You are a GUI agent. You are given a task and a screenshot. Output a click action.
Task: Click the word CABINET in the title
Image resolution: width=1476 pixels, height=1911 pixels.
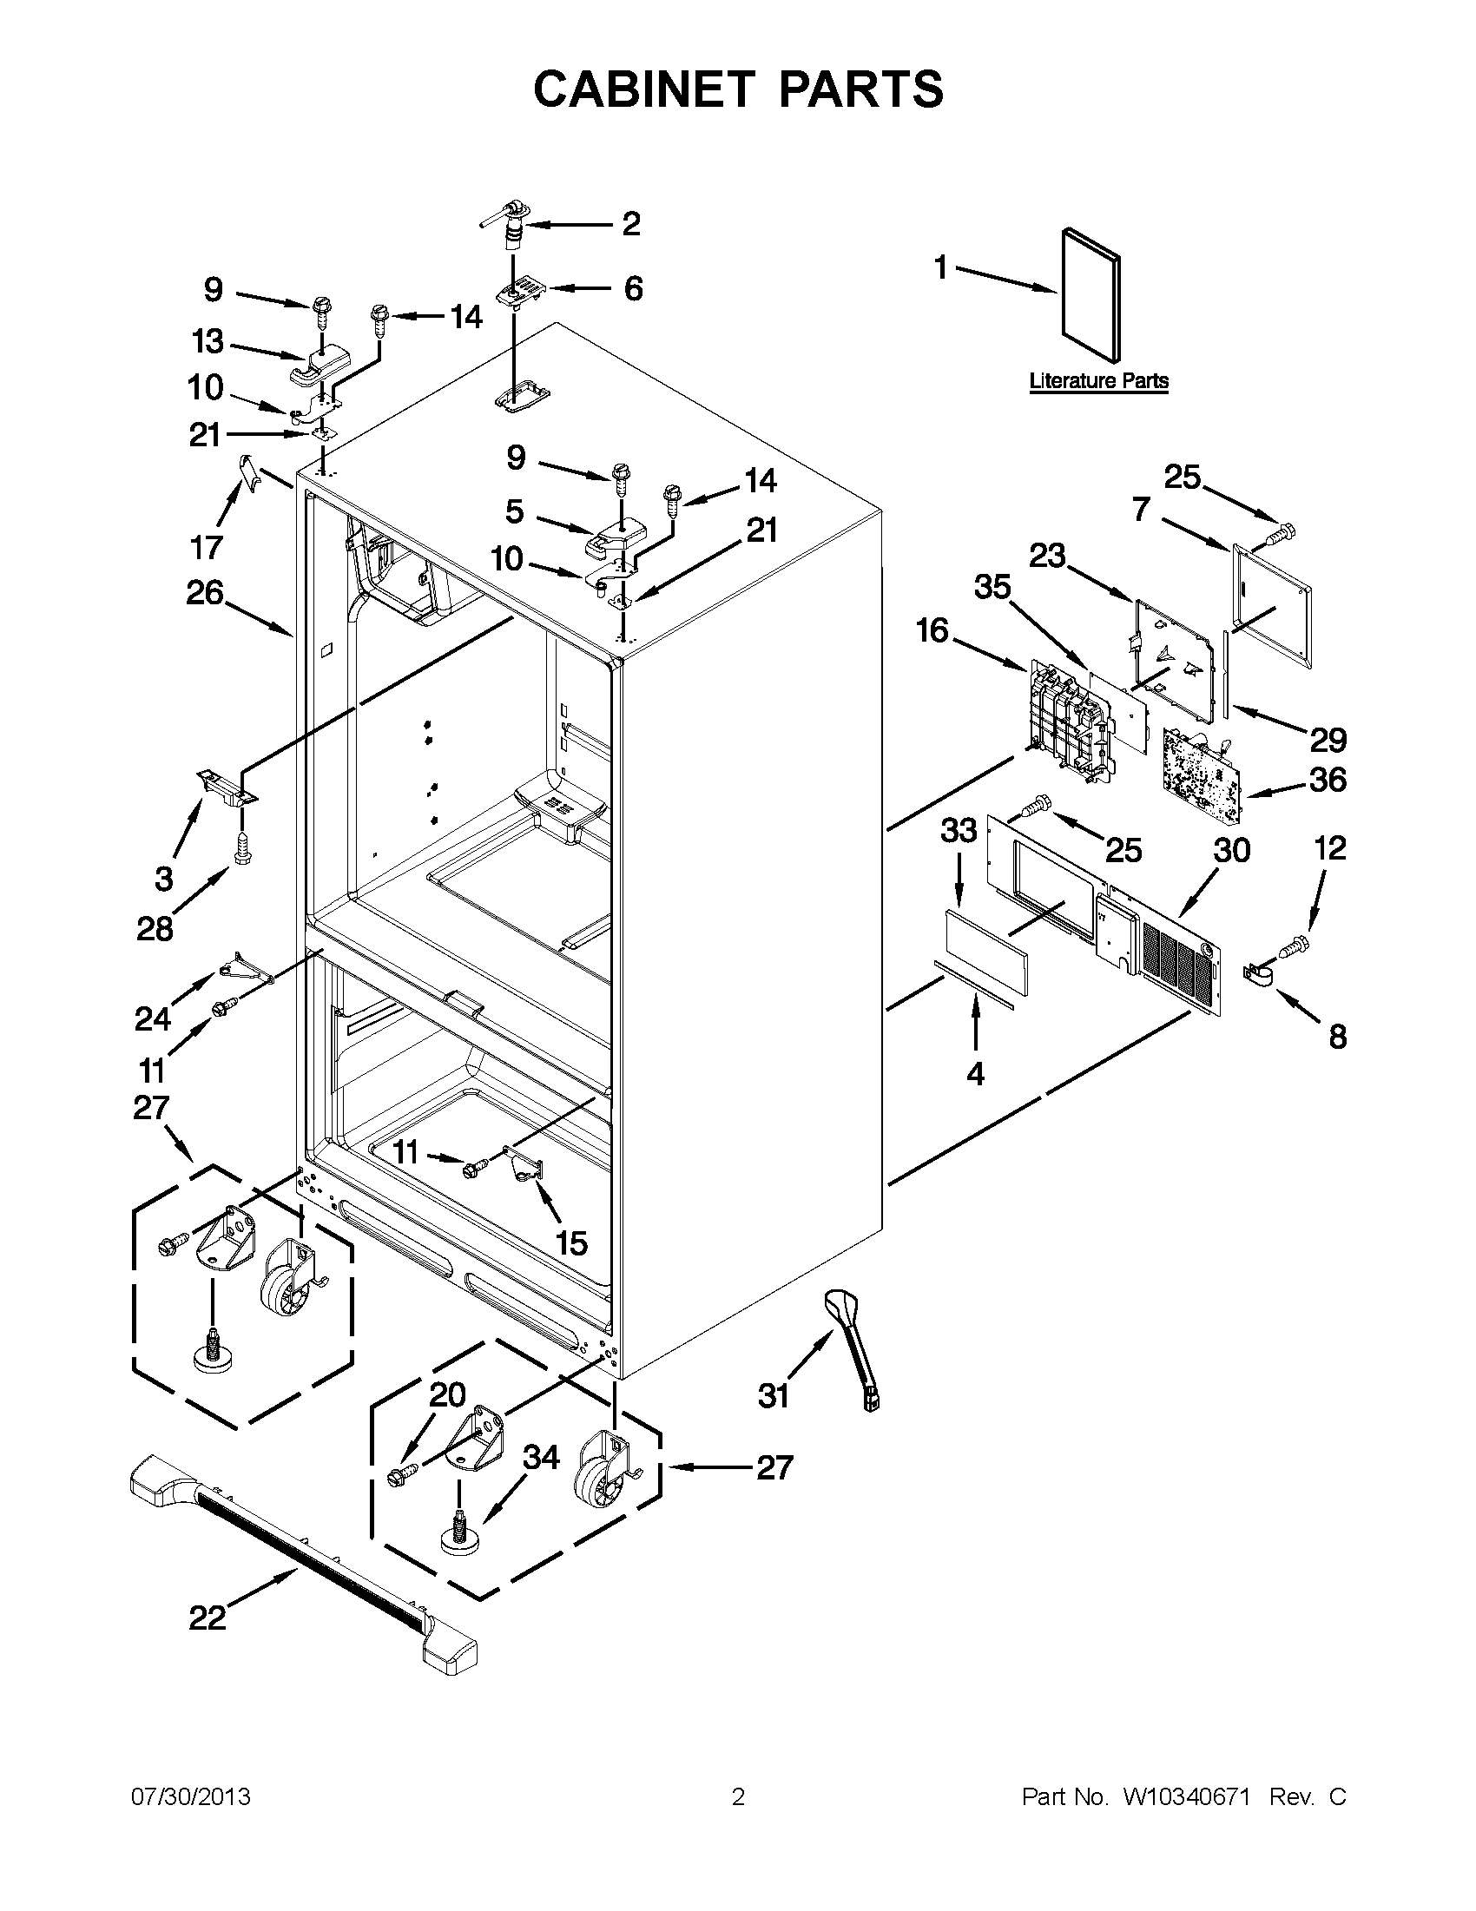643,89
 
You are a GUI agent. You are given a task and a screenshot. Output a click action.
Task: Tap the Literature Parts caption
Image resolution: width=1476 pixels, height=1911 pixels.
1098,380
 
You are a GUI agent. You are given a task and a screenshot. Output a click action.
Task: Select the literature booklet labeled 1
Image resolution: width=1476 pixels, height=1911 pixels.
1091,296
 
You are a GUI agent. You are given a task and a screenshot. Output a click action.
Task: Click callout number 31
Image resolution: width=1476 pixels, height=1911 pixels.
774,1395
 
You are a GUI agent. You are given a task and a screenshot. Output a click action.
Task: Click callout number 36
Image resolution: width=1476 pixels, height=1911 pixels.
1328,780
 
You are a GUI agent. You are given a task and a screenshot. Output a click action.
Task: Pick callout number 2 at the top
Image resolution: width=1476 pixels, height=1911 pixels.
631,224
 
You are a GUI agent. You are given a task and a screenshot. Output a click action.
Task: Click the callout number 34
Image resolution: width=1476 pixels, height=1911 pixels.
541,1457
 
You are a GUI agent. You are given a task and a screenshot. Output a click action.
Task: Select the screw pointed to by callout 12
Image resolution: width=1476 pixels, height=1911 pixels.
1294,945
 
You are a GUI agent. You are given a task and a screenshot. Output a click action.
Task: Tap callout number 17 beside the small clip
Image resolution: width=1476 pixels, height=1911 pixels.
207,548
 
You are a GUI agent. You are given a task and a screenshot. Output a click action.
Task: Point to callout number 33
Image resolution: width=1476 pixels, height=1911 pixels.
958,829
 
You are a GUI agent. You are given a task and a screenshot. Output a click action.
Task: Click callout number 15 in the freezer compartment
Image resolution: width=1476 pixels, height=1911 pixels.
571,1243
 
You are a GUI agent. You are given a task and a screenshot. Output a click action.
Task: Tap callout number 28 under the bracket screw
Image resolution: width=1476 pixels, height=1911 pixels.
154,928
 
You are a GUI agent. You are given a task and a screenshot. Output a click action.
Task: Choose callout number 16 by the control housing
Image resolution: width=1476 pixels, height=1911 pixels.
932,629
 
